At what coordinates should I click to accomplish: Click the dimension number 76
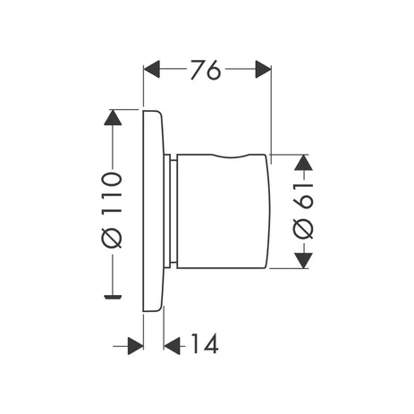pyautogui.click(x=206, y=70)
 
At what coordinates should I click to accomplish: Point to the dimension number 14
pyautogui.click(x=205, y=343)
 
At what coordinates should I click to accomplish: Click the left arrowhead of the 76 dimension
pyautogui.click(x=152, y=70)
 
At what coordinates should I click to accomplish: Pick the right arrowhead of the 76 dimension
pyautogui.click(x=262, y=70)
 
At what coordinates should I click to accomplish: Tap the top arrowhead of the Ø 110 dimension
pyautogui.click(x=112, y=117)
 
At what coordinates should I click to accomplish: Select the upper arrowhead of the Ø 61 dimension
pyautogui.click(x=302, y=162)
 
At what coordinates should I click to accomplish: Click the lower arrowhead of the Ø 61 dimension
pyautogui.click(x=302, y=259)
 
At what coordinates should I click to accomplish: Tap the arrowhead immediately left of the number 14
pyautogui.click(x=173, y=343)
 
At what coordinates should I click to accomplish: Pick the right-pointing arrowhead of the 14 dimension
pyautogui.click(x=135, y=343)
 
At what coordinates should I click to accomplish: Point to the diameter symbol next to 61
pyautogui.click(x=302, y=229)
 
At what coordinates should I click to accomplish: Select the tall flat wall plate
pyautogui.click(x=153, y=210)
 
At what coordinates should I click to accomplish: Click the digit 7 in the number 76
pyautogui.click(x=197, y=70)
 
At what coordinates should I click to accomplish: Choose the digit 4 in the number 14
pyautogui.click(x=211, y=343)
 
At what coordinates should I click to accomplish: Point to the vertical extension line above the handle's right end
pyautogui.click(x=270, y=107)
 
